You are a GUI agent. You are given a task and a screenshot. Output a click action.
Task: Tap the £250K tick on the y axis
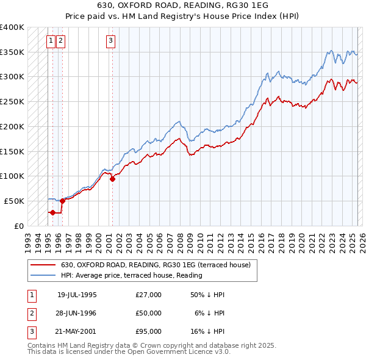(x=12, y=101)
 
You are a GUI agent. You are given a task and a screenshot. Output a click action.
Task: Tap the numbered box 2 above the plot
(x=61, y=41)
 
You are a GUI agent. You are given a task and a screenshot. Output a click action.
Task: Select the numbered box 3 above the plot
(x=110, y=41)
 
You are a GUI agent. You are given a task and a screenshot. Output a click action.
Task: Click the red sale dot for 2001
(x=112, y=179)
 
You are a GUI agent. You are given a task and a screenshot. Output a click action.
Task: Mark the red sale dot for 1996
(x=62, y=201)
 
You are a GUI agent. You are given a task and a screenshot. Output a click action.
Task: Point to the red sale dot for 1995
(x=52, y=212)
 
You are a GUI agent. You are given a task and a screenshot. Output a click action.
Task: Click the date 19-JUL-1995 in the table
(x=77, y=295)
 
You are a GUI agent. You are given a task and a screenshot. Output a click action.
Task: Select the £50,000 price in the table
(x=149, y=313)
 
